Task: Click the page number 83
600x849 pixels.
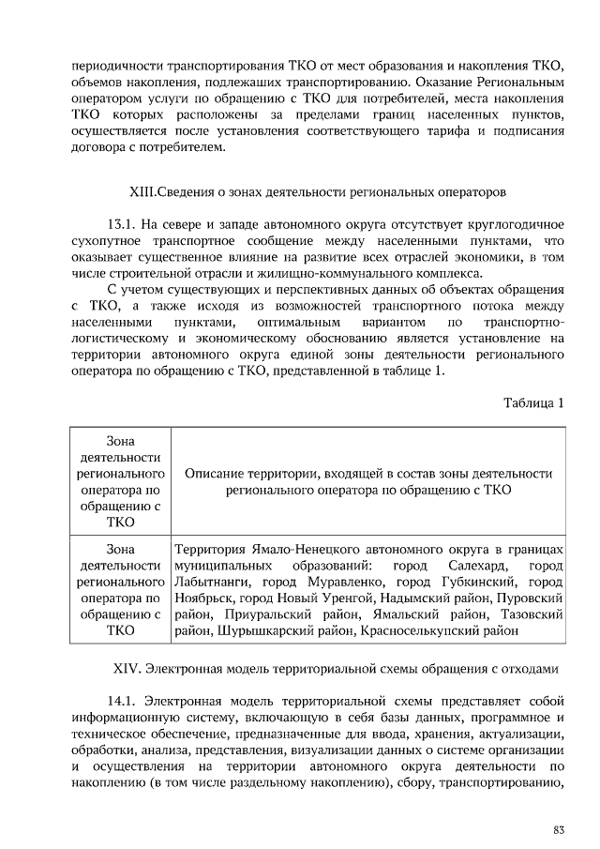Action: [559, 828]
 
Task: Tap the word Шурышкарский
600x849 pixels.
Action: [260, 630]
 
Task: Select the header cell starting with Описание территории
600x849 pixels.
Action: [368, 481]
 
